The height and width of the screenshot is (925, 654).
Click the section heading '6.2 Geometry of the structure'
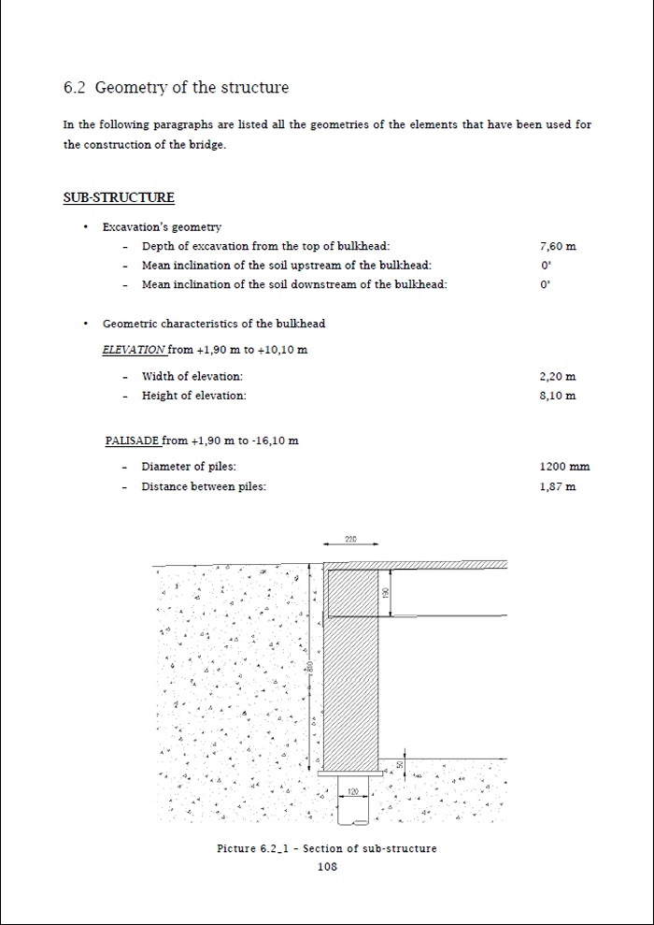(x=176, y=88)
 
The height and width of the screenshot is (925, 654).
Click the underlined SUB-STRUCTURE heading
(x=119, y=197)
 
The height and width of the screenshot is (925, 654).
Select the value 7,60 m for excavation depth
(x=558, y=247)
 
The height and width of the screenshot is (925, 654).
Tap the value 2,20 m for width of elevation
(x=558, y=377)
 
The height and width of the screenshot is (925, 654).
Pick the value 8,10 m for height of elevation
(x=558, y=396)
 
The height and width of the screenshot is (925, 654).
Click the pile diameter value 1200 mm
(x=564, y=467)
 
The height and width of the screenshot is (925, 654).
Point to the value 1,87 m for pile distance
(x=558, y=486)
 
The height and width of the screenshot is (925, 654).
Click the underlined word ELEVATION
(x=134, y=350)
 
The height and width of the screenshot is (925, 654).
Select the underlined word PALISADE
(x=133, y=441)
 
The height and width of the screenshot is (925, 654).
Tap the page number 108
(x=327, y=867)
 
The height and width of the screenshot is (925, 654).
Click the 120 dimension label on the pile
(x=352, y=792)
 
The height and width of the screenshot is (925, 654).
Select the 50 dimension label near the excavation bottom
(x=400, y=764)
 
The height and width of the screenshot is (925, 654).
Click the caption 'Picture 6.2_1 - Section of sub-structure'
(x=327, y=849)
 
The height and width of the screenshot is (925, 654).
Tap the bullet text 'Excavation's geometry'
(x=162, y=227)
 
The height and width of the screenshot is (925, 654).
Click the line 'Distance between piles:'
(x=204, y=486)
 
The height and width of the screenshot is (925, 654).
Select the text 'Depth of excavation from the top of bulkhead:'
(x=265, y=247)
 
